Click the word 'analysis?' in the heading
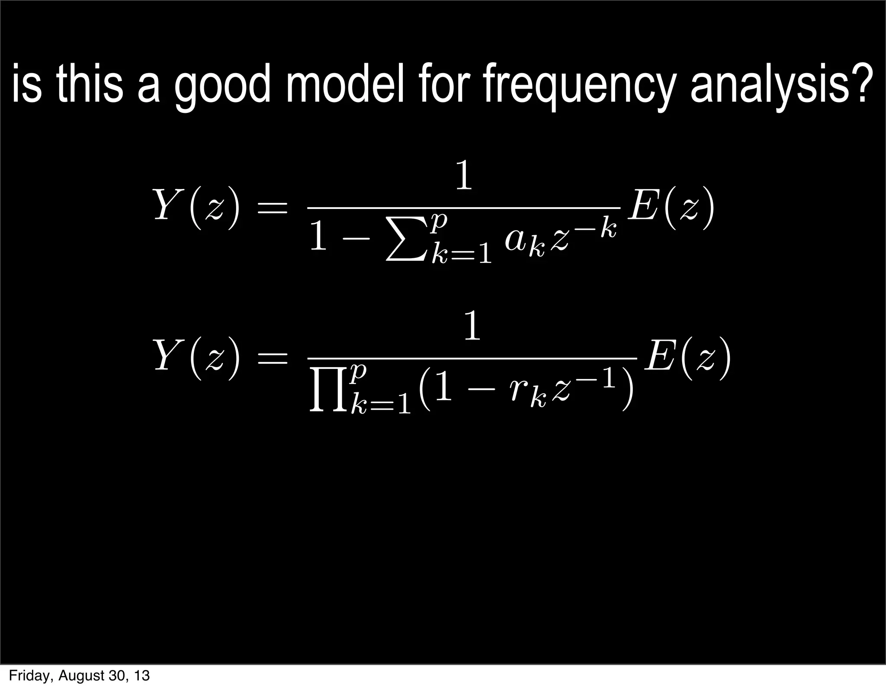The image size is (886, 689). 779,85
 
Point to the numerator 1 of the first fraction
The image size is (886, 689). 464,176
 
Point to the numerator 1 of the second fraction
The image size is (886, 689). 472,327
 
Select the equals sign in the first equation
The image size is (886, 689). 272,207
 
